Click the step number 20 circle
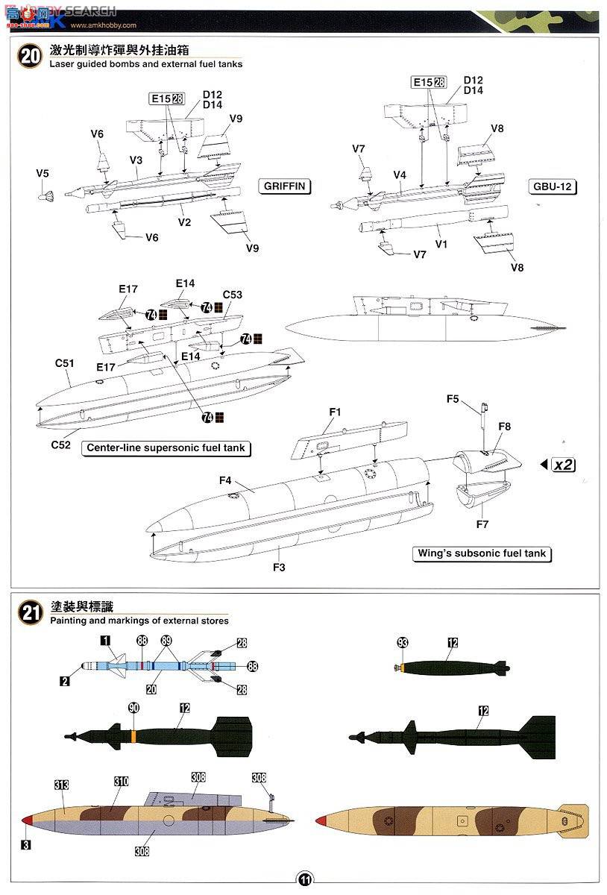[x=31, y=57]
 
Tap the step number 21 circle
[x=31, y=613]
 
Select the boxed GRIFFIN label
[x=284, y=186]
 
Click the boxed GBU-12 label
[x=553, y=186]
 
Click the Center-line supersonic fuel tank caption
[x=166, y=449]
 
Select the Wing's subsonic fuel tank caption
[x=481, y=554]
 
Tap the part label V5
[x=43, y=173]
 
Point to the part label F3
[x=279, y=568]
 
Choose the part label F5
[x=453, y=399]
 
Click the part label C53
[x=232, y=295]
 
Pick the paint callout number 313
[x=61, y=785]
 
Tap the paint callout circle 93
[x=403, y=642]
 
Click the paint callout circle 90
[x=133, y=707]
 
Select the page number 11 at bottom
[x=304, y=879]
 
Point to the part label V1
[x=440, y=243]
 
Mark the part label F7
[x=482, y=524]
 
